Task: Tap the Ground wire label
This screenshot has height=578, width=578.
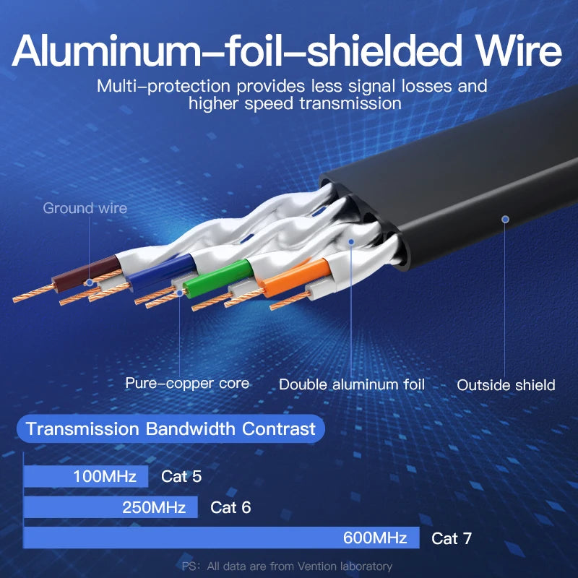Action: tap(85, 209)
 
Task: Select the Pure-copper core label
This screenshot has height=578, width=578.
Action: tap(187, 384)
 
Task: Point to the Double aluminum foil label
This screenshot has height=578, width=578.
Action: tap(352, 385)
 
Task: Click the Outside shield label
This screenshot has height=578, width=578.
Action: tap(506, 385)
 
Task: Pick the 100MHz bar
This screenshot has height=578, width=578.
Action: tap(86, 476)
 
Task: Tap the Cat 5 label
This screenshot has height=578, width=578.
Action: tap(181, 476)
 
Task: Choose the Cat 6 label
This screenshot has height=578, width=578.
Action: tap(230, 507)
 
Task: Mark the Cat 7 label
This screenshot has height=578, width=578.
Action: tap(452, 538)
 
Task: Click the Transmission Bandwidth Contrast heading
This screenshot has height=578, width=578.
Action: tap(171, 429)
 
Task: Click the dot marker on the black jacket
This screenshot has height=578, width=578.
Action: tap(506, 218)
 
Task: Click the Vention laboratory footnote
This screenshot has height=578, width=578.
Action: tap(287, 566)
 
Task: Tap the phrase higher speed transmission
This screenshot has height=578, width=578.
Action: tap(295, 103)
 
